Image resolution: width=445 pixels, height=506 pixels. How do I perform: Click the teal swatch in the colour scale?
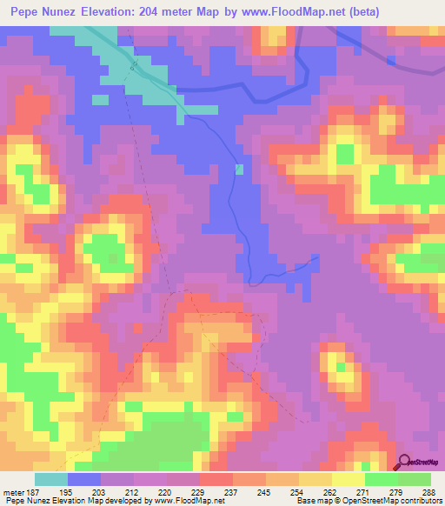point(51,479)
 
